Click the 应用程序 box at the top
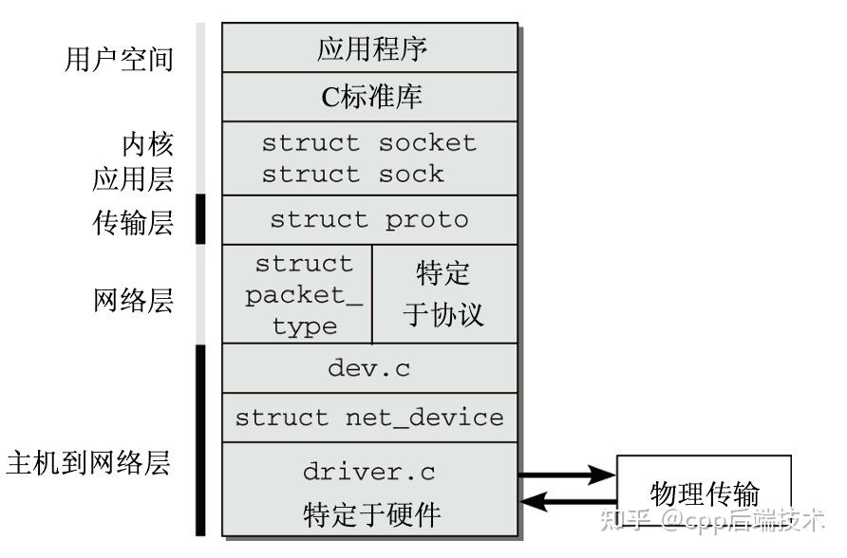370,48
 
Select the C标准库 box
370,97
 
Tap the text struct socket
368,143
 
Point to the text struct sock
352,175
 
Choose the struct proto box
370,220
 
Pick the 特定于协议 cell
444,294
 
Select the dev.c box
370,368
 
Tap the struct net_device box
370,418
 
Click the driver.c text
369,471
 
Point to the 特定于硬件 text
371,514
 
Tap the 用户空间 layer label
120,59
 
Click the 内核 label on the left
147,144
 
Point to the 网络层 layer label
134,301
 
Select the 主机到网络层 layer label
88,464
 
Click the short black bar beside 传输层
200,219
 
